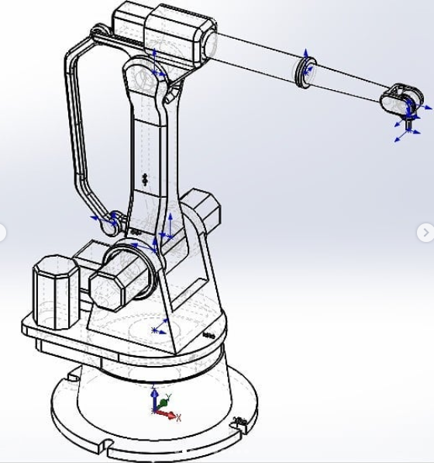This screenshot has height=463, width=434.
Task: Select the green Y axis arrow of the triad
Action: click(163, 403)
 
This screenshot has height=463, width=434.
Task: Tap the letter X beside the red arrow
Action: click(179, 418)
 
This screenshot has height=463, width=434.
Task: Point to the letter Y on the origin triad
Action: click(169, 397)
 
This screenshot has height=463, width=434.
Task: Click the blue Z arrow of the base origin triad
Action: click(155, 396)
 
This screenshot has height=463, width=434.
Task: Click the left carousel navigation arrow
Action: click(4, 232)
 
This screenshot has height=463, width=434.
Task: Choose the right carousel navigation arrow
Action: click(425, 232)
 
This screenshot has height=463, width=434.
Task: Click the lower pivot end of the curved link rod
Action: click(115, 220)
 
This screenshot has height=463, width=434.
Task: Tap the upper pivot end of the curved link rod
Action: click(98, 33)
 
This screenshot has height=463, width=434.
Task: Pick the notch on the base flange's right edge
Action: click(243, 422)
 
